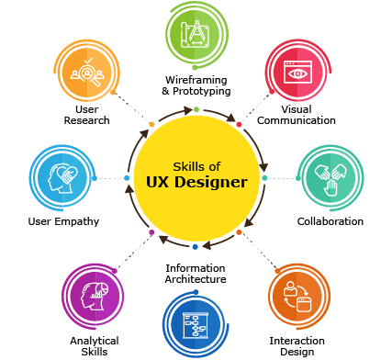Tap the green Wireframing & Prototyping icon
pos(196,36)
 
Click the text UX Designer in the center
pos(196,182)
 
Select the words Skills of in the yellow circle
pos(196,166)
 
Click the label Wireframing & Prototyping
pos(196,85)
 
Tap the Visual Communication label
pos(297,114)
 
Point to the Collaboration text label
pos(330,221)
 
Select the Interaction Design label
pos(297,345)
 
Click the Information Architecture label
pos(195,273)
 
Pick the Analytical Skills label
pos(94,345)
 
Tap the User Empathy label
pos(63,221)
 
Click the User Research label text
pos(86,114)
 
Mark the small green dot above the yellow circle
pos(196,109)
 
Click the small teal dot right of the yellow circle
pos(264,178)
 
